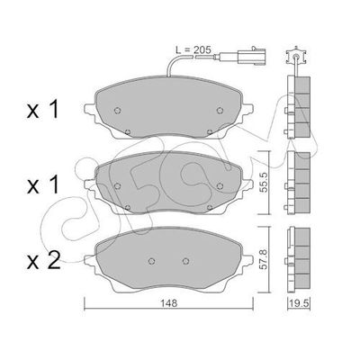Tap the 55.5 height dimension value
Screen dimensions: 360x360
pos(263,179)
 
